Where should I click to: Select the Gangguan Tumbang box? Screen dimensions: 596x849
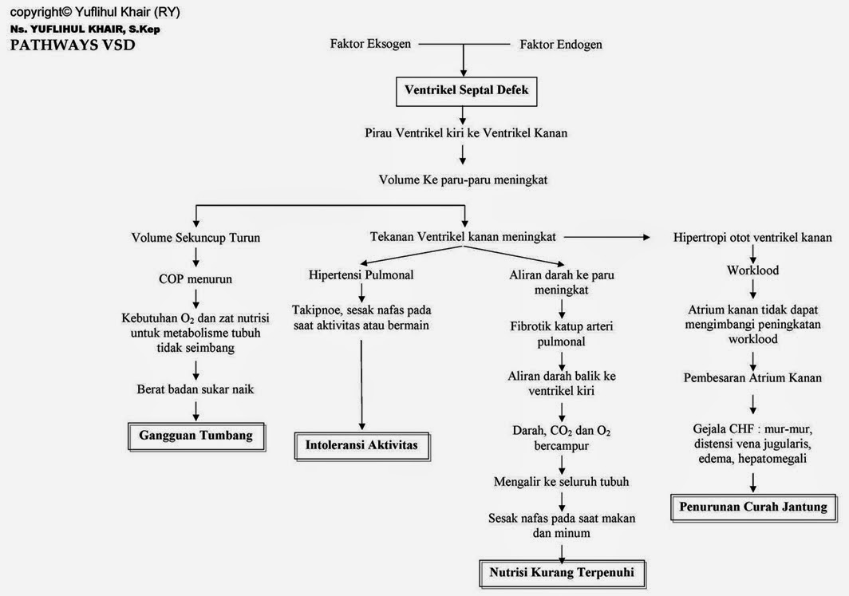(195, 436)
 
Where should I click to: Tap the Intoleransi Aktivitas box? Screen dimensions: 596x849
(361, 444)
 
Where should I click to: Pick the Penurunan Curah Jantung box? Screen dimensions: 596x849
(753, 507)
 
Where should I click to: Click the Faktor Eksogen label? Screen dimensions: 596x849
(370, 44)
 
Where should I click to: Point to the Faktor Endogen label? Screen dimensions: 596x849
(561, 45)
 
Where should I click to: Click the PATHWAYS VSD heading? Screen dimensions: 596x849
(73, 45)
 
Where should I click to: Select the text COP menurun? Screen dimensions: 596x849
(196, 280)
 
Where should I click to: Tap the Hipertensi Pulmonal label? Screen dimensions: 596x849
(361, 274)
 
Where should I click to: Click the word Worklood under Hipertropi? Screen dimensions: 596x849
(752, 270)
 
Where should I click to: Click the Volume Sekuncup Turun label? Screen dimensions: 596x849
(195, 238)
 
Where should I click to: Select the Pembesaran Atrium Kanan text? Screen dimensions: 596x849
(752, 377)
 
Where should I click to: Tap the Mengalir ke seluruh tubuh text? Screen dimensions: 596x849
(561, 481)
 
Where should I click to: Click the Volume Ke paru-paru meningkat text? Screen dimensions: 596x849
(463, 180)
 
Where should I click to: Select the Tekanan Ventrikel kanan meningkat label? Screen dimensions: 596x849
(464, 237)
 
